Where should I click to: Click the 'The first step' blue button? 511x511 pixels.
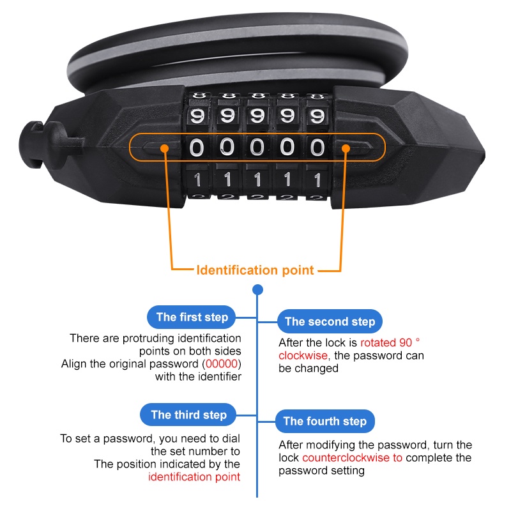pyautogui.click(x=191, y=317)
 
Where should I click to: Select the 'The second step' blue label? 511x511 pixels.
pyautogui.click(x=330, y=321)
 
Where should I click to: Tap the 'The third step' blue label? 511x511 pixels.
pyautogui.click(x=188, y=415)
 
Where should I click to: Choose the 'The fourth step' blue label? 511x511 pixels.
pyautogui.click(x=325, y=421)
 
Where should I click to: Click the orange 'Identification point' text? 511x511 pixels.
pyautogui.click(x=255, y=270)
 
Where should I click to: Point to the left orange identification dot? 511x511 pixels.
pyautogui.click(x=165, y=149)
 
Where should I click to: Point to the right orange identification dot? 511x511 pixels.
pyautogui.click(x=346, y=149)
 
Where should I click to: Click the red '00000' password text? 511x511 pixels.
pyautogui.click(x=222, y=363)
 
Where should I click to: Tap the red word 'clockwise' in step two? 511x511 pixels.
pyautogui.click(x=303, y=355)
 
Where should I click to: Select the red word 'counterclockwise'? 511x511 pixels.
pyautogui.click(x=346, y=457)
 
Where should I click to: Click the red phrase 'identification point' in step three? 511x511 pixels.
pyautogui.click(x=194, y=477)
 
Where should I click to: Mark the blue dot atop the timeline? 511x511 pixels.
pyautogui.click(x=258, y=289)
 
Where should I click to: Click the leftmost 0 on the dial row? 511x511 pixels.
pyautogui.click(x=197, y=148)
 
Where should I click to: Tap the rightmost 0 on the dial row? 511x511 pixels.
pyautogui.click(x=317, y=148)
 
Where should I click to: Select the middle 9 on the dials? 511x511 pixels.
pyautogui.click(x=257, y=116)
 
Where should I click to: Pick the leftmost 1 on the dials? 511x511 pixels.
pyautogui.click(x=197, y=179)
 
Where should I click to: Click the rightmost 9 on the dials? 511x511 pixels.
pyautogui.click(x=317, y=116)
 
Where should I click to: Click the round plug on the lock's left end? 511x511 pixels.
pyautogui.click(x=34, y=144)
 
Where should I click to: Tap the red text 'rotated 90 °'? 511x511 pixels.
pyautogui.click(x=390, y=342)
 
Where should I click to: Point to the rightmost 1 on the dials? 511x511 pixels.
pyautogui.click(x=317, y=180)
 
